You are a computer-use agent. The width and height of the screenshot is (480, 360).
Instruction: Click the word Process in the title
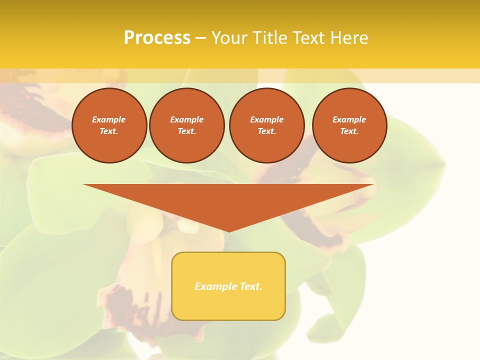[157, 38]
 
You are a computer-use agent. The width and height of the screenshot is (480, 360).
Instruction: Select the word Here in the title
[348, 38]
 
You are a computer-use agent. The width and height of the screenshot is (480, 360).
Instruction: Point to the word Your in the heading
[230, 38]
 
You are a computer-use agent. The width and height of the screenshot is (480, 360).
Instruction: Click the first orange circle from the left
[109, 125]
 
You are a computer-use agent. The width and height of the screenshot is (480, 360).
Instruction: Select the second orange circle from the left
[187, 125]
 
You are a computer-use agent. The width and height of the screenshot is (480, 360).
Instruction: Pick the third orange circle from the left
[266, 125]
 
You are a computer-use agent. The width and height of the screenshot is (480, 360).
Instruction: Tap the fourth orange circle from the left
[349, 125]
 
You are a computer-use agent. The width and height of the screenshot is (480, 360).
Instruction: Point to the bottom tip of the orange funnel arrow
[228, 230]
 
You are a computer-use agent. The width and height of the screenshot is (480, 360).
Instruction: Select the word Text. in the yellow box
[250, 286]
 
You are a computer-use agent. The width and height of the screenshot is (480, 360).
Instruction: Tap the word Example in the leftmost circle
[109, 119]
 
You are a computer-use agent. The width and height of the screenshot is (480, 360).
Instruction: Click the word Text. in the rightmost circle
[349, 131]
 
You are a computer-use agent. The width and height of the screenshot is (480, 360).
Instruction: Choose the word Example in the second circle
[187, 119]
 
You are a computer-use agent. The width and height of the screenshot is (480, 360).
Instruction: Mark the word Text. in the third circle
[266, 131]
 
